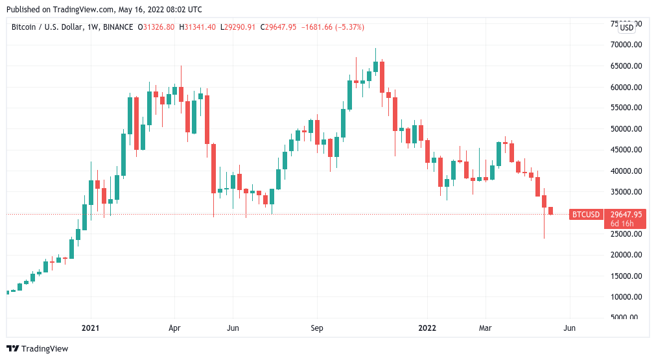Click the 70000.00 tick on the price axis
[627, 45]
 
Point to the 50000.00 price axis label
[627, 129]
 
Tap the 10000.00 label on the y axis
[627, 297]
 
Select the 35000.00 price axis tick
[627, 192]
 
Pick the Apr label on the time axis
[175, 329]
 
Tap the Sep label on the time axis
[316, 329]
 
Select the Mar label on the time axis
[486, 329]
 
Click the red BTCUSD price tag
[586, 215]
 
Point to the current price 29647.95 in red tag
[626, 215]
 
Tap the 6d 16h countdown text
[622, 224]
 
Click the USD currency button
[627, 27]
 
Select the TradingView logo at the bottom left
[37, 348]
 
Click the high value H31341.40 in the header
[198, 27]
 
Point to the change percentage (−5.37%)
[347, 27]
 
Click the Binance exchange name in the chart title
[117, 27]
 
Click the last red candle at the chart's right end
[550, 211]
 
